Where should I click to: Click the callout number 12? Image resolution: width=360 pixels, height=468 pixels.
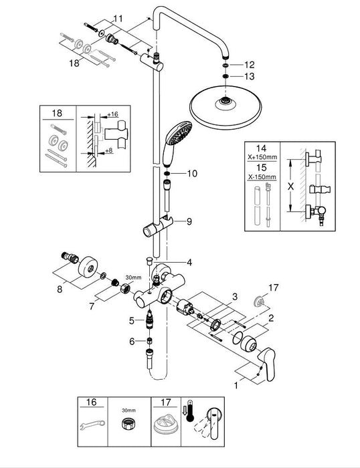click(x=250, y=65)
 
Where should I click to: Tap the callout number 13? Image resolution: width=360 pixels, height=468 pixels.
click(x=250, y=77)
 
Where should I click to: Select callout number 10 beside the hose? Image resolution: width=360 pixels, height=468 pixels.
click(x=192, y=173)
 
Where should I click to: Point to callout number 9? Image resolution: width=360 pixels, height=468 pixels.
click(x=189, y=221)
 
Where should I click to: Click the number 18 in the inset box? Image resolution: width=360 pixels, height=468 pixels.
click(x=58, y=114)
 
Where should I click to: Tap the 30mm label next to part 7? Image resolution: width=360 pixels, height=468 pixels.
click(x=134, y=277)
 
